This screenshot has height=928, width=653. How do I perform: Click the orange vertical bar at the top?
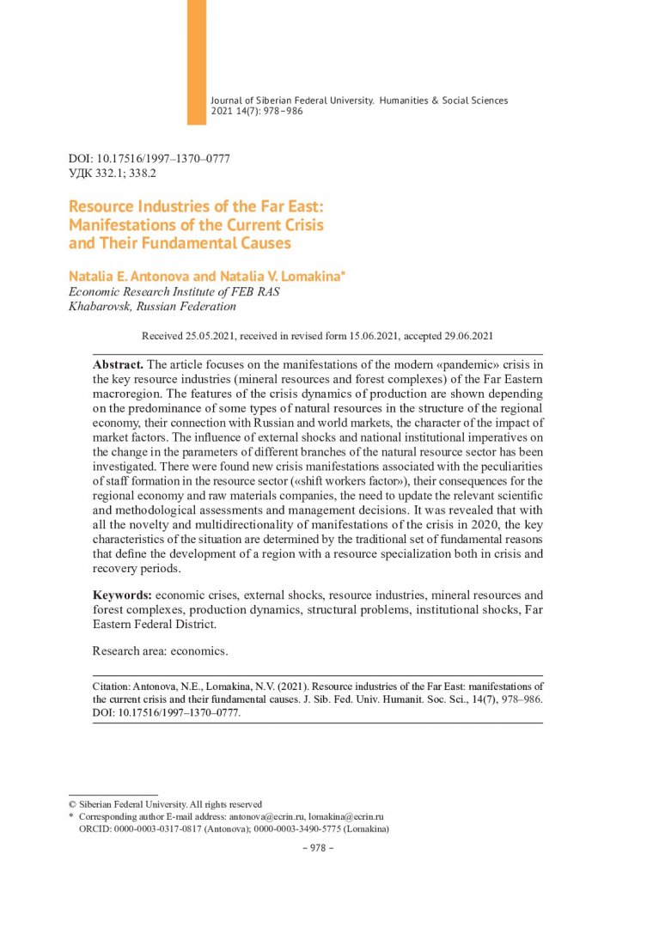click(x=197, y=62)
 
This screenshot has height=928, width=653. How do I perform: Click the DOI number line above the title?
click(x=149, y=160)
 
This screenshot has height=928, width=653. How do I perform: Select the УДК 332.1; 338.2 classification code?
click(x=113, y=174)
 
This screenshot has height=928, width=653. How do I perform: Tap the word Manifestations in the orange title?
click(x=121, y=225)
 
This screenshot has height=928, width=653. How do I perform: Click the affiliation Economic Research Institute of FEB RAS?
click(x=174, y=291)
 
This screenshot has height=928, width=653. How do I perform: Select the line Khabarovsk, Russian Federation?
click(x=152, y=306)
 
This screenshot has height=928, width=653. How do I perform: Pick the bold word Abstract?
click(x=119, y=364)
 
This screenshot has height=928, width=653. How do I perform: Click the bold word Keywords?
click(x=123, y=595)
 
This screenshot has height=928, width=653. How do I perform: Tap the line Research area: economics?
click(x=160, y=650)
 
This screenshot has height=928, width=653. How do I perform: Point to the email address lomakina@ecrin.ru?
click(x=345, y=816)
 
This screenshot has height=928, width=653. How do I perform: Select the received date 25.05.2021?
click(x=204, y=337)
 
